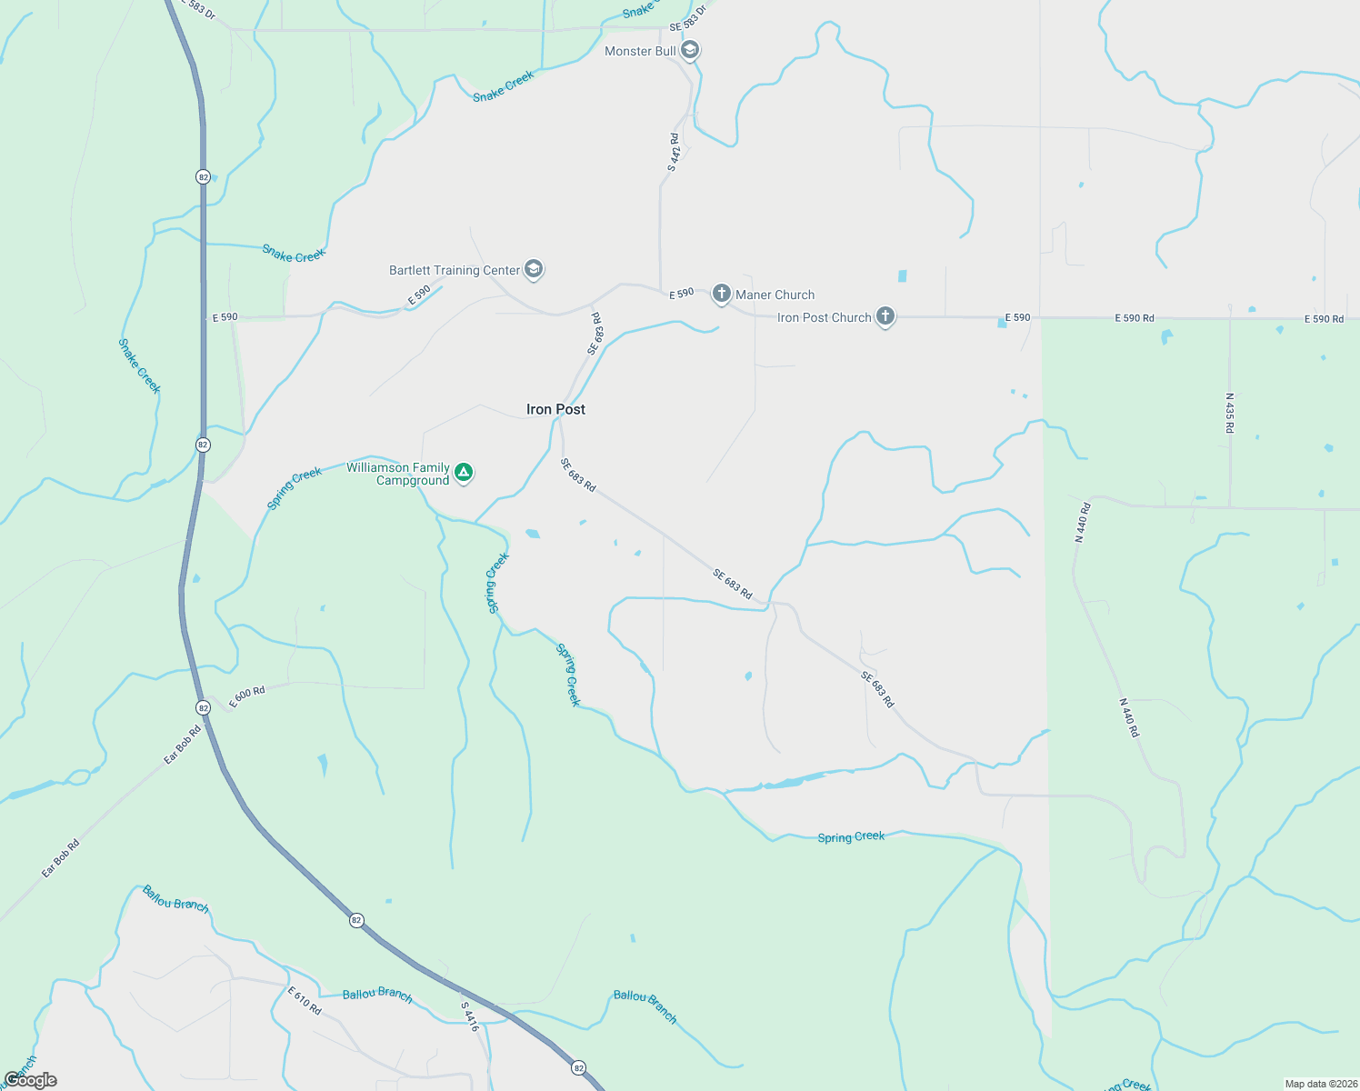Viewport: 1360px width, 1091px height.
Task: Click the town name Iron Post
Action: coord(555,409)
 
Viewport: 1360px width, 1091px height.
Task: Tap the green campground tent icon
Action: coord(464,472)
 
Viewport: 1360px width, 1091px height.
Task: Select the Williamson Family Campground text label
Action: coord(398,474)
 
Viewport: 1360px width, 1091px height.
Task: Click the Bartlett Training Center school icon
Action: coord(534,269)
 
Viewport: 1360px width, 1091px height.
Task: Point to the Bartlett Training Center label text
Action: coord(455,270)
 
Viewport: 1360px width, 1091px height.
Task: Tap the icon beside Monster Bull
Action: coord(690,50)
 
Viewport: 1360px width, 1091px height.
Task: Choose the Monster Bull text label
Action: coord(640,51)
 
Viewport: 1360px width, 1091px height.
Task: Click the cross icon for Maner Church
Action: coord(721,293)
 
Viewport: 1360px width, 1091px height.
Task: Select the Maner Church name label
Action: coord(775,295)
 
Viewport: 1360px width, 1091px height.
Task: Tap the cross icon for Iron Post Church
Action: coord(885,316)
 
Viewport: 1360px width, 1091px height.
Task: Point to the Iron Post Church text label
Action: coord(824,317)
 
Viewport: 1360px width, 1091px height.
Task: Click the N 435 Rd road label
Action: coord(1230,413)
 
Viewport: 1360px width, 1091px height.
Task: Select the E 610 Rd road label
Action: coord(305,1000)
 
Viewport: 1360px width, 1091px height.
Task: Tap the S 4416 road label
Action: coord(469,1016)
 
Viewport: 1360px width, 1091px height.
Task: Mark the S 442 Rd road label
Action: coord(674,152)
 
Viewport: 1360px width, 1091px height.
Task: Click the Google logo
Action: coord(30,1080)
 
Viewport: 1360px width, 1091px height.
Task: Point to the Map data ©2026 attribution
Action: coord(1320,1084)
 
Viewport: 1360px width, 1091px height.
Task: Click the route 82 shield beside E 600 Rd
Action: coord(203,707)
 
